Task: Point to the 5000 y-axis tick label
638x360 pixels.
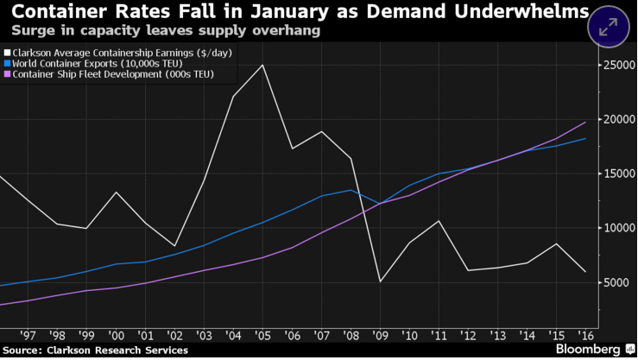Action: click(617, 281)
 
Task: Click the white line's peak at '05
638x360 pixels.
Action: click(262, 65)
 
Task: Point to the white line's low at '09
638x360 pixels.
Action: click(381, 281)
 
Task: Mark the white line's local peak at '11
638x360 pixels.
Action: click(440, 221)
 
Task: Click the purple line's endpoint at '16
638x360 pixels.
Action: click(585, 122)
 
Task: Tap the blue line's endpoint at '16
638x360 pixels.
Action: click(585, 139)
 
